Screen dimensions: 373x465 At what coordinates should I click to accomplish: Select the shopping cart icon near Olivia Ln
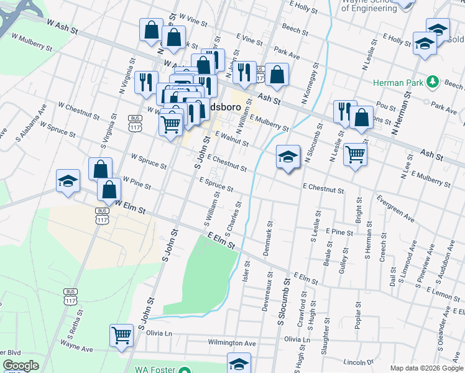click(x=121, y=335)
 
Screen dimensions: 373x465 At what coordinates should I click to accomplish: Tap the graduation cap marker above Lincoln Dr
click(x=238, y=364)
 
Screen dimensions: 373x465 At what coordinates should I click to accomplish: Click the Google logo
click(x=21, y=366)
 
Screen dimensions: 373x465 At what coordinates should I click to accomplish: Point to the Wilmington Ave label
click(x=232, y=343)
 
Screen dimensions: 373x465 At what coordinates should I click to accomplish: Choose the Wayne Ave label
click(x=76, y=346)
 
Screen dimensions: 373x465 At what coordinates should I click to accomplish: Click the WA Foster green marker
click(x=184, y=369)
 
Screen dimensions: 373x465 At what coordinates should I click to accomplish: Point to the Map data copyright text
click(x=426, y=368)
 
